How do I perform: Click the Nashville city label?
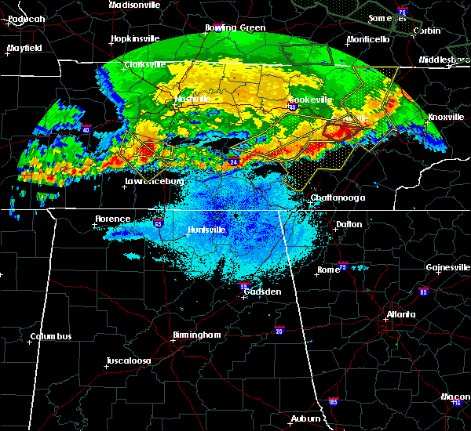tap(193, 100)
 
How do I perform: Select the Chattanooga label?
tap(338, 197)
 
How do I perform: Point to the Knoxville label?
tap(445, 117)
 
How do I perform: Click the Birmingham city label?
tap(196, 335)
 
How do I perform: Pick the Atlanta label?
tap(401, 315)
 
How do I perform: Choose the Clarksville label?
tap(148, 64)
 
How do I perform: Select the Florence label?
tap(113, 219)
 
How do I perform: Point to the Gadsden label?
tap(261, 292)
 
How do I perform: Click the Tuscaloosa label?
tap(130, 361)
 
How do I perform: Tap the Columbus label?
tap(51, 337)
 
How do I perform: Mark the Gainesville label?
tap(447, 267)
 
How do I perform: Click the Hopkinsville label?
tap(135, 38)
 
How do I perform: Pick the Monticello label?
tap(369, 39)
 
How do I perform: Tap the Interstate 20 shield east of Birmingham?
tap(280, 330)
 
